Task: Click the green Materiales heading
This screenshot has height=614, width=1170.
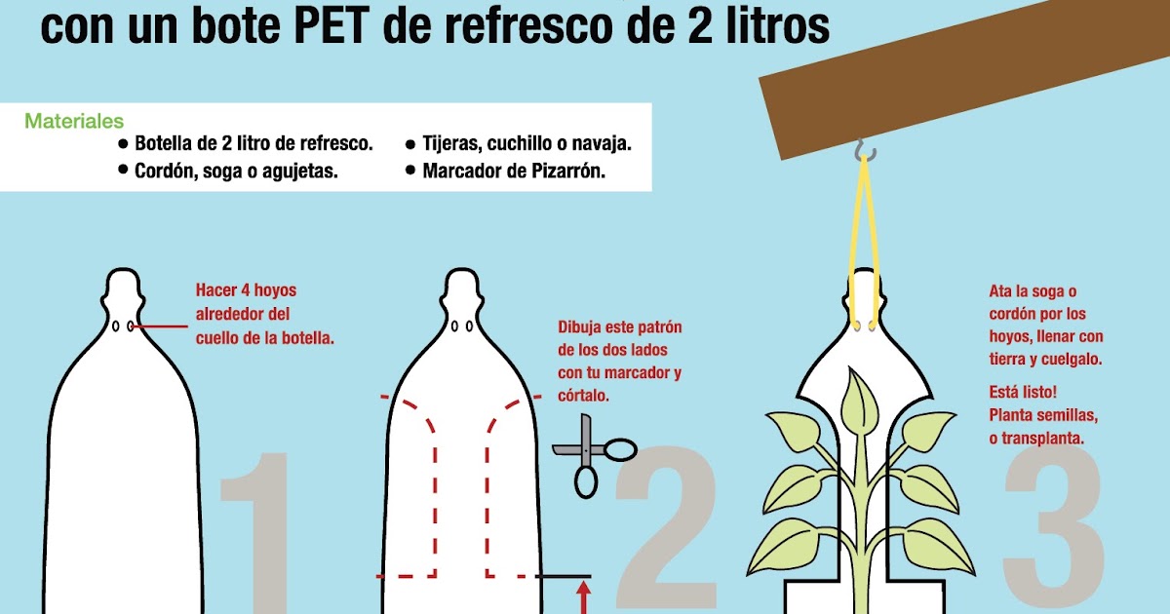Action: (74, 121)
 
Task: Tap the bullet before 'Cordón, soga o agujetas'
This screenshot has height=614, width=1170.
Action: (123, 170)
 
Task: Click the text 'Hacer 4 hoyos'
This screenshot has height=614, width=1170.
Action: (246, 290)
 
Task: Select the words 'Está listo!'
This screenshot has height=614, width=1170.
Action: (1023, 392)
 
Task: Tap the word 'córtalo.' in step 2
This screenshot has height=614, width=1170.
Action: (583, 396)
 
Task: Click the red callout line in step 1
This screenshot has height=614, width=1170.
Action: (159, 326)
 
